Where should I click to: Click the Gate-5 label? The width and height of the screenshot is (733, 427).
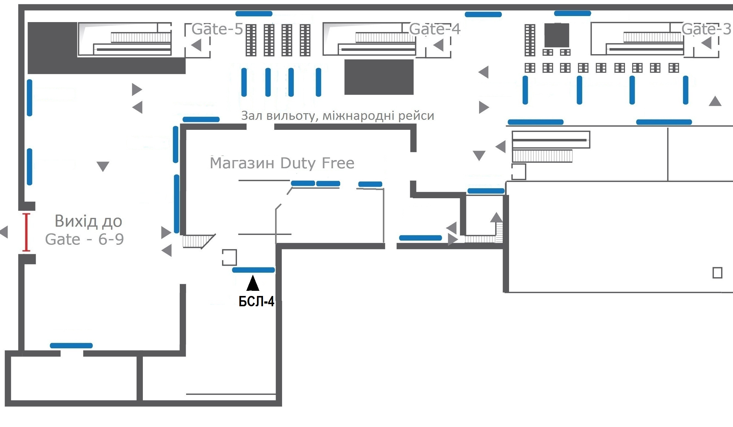point(217,29)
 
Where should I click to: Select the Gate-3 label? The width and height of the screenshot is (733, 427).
point(706,29)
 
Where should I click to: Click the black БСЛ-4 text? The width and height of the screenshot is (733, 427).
point(256,301)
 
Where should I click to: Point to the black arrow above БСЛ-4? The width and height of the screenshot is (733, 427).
point(253,283)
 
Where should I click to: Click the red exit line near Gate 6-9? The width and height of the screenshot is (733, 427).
point(26,232)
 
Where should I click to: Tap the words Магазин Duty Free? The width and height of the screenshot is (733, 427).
point(282,163)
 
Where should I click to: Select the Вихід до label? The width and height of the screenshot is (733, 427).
point(88,221)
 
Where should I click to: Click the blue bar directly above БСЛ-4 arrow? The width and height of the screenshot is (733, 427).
point(253,270)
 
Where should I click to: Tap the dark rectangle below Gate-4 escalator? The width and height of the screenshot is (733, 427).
point(379,77)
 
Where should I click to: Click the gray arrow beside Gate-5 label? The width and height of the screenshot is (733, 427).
point(196,45)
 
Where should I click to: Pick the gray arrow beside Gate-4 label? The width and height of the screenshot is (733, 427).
point(439,45)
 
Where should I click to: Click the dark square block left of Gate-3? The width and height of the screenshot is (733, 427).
point(557,35)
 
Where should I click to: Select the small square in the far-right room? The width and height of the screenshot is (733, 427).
point(717,273)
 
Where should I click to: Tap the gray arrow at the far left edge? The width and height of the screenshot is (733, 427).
point(4,232)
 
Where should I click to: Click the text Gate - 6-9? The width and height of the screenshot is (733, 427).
point(84,239)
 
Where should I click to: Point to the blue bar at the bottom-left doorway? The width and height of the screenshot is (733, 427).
point(71,346)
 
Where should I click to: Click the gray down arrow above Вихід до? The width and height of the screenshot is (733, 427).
point(103,166)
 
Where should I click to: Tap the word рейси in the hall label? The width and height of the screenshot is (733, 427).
point(416,116)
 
